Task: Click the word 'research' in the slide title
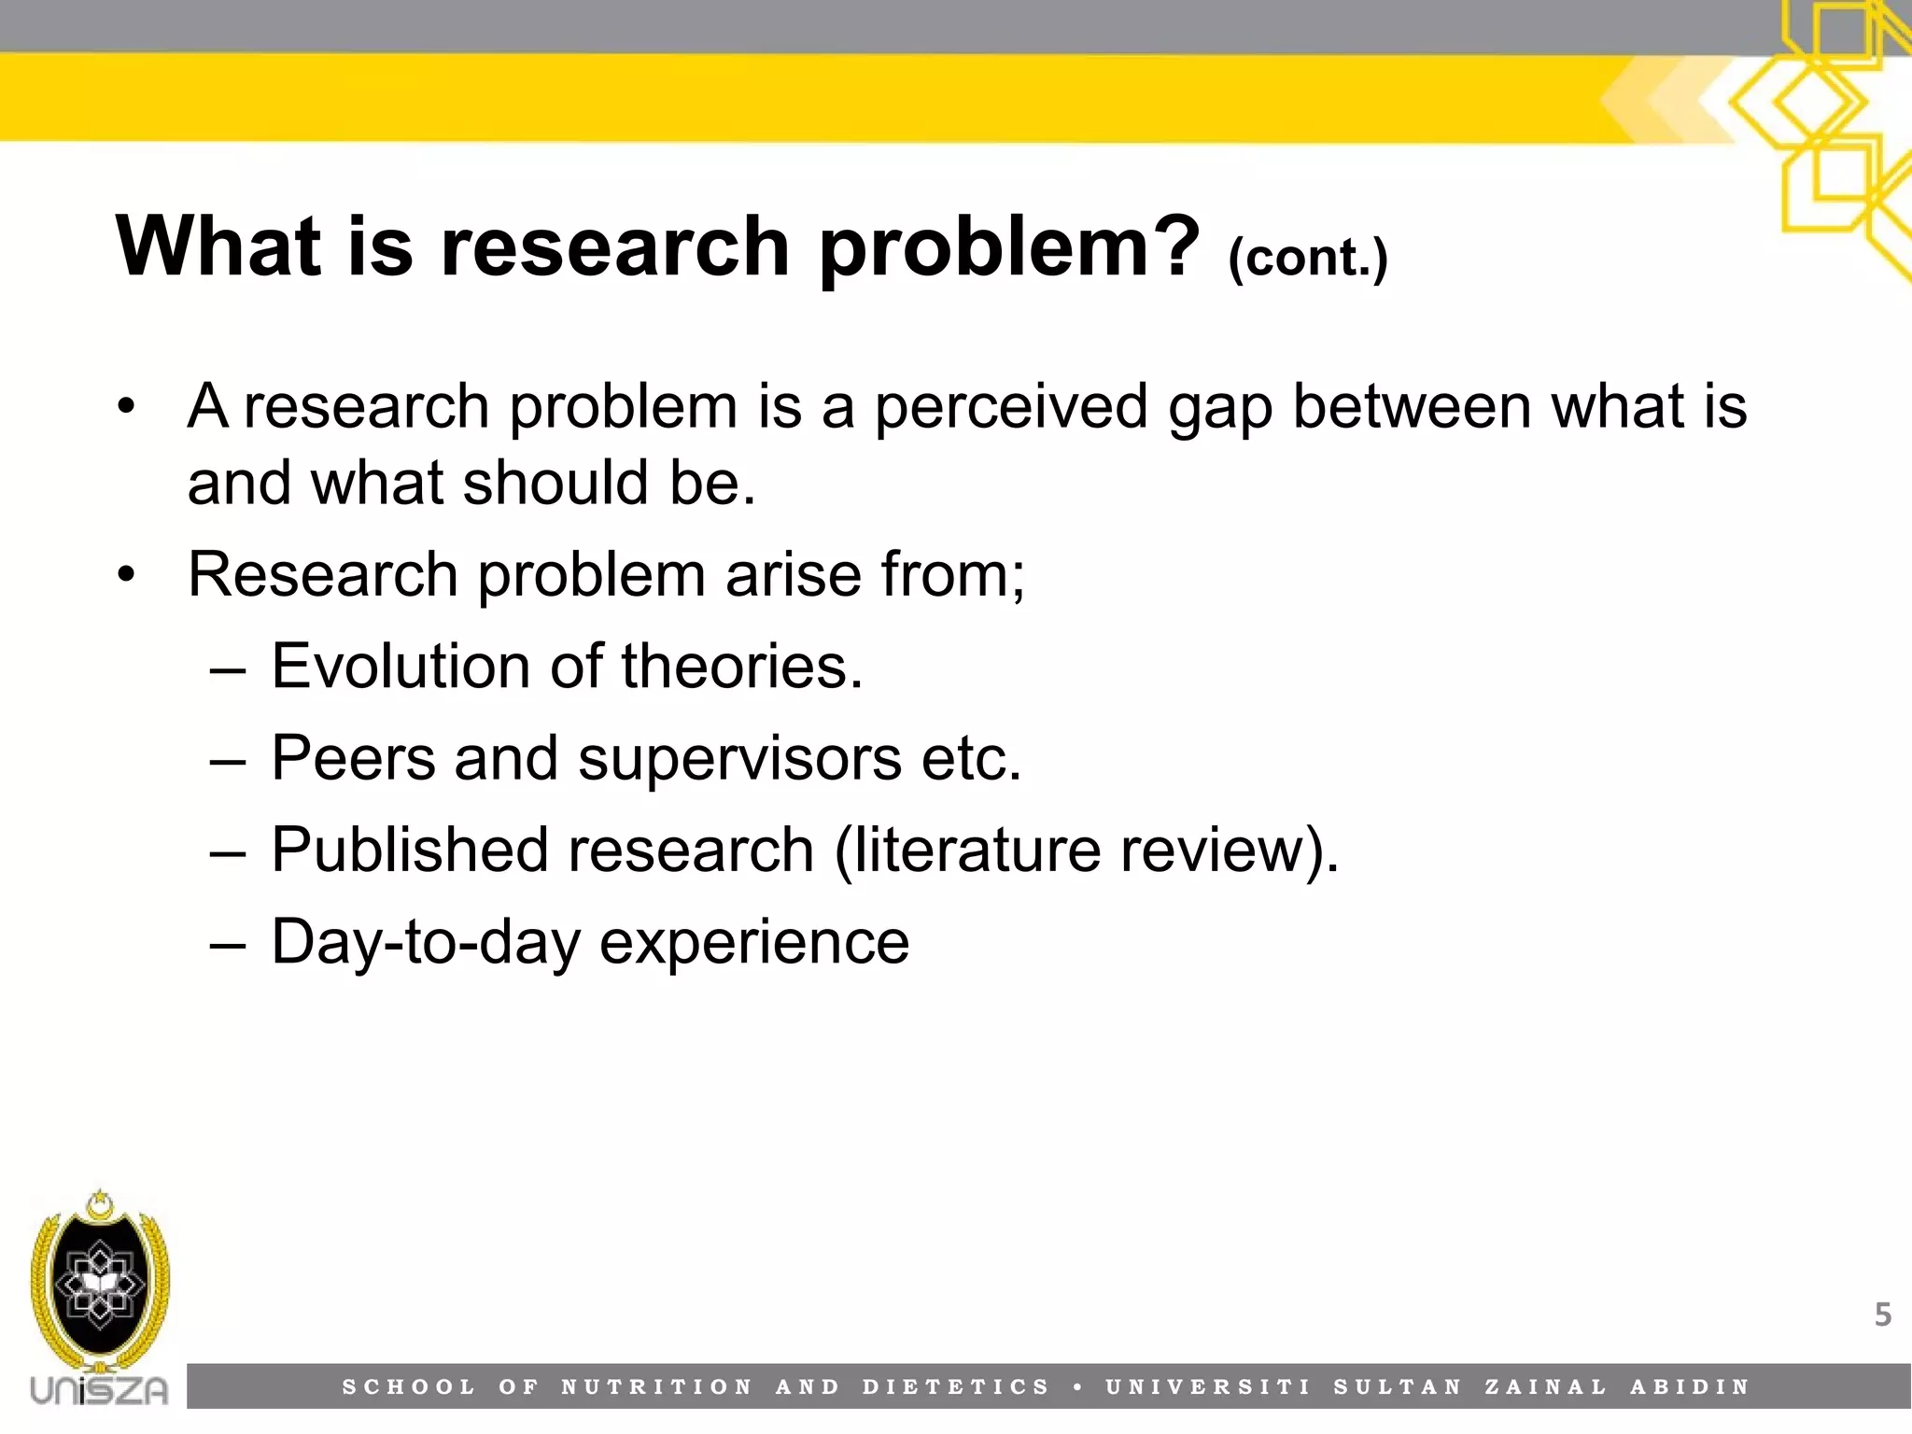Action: pyautogui.click(x=615, y=246)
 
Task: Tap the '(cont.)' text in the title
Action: pyautogui.click(x=1307, y=257)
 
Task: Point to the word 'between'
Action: pyautogui.click(x=1411, y=407)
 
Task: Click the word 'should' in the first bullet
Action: pyautogui.click(x=555, y=483)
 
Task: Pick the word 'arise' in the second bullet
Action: pyautogui.click(x=793, y=574)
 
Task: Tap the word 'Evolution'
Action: pyautogui.click(x=401, y=667)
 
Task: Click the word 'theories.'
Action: pyautogui.click(x=742, y=667)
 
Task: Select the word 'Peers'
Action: pyautogui.click(x=353, y=757)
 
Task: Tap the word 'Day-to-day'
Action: pyautogui.click(x=426, y=943)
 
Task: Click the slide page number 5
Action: pyautogui.click(x=1883, y=1314)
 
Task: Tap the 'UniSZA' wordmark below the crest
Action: pyautogui.click(x=99, y=1390)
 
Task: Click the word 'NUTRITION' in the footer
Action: pyautogui.click(x=656, y=1387)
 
